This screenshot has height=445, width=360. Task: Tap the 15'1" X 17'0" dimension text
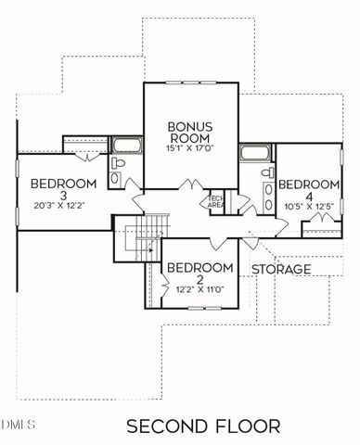(x=191, y=147)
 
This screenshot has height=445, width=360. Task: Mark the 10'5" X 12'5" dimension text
(x=308, y=205)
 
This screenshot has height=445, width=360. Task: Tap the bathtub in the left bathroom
(x=124, y=146)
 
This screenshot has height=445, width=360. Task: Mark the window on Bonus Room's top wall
(x=190, y=83)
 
